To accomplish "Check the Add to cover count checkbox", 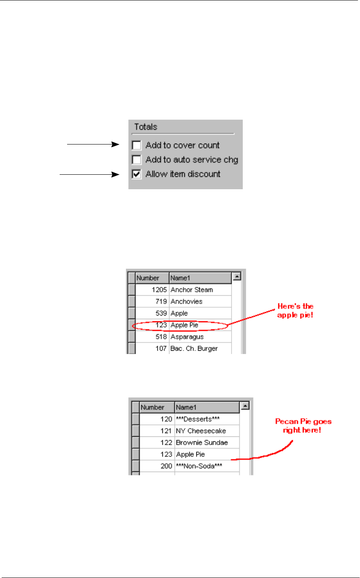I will pos(137,145).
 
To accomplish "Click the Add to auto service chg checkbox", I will pos(137,160).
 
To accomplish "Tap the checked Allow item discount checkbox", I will pos(137,174).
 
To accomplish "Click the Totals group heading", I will pos(145,127).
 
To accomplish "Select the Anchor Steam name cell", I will pos(192,290).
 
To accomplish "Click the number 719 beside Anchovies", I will pos(161,301).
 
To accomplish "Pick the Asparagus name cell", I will pos(187,337).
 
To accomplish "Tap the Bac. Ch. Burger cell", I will pos(194,349).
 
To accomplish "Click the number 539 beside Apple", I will pos(161,313).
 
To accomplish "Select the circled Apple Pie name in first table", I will pos(184,325).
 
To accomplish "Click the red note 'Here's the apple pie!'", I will pos(295,311).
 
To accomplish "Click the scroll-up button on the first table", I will pos(237,277).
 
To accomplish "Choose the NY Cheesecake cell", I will pos(201,431).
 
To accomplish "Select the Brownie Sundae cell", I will pos(202,443).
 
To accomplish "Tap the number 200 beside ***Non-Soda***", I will pos(166,466).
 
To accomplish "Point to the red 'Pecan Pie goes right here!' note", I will pos(303,426).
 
